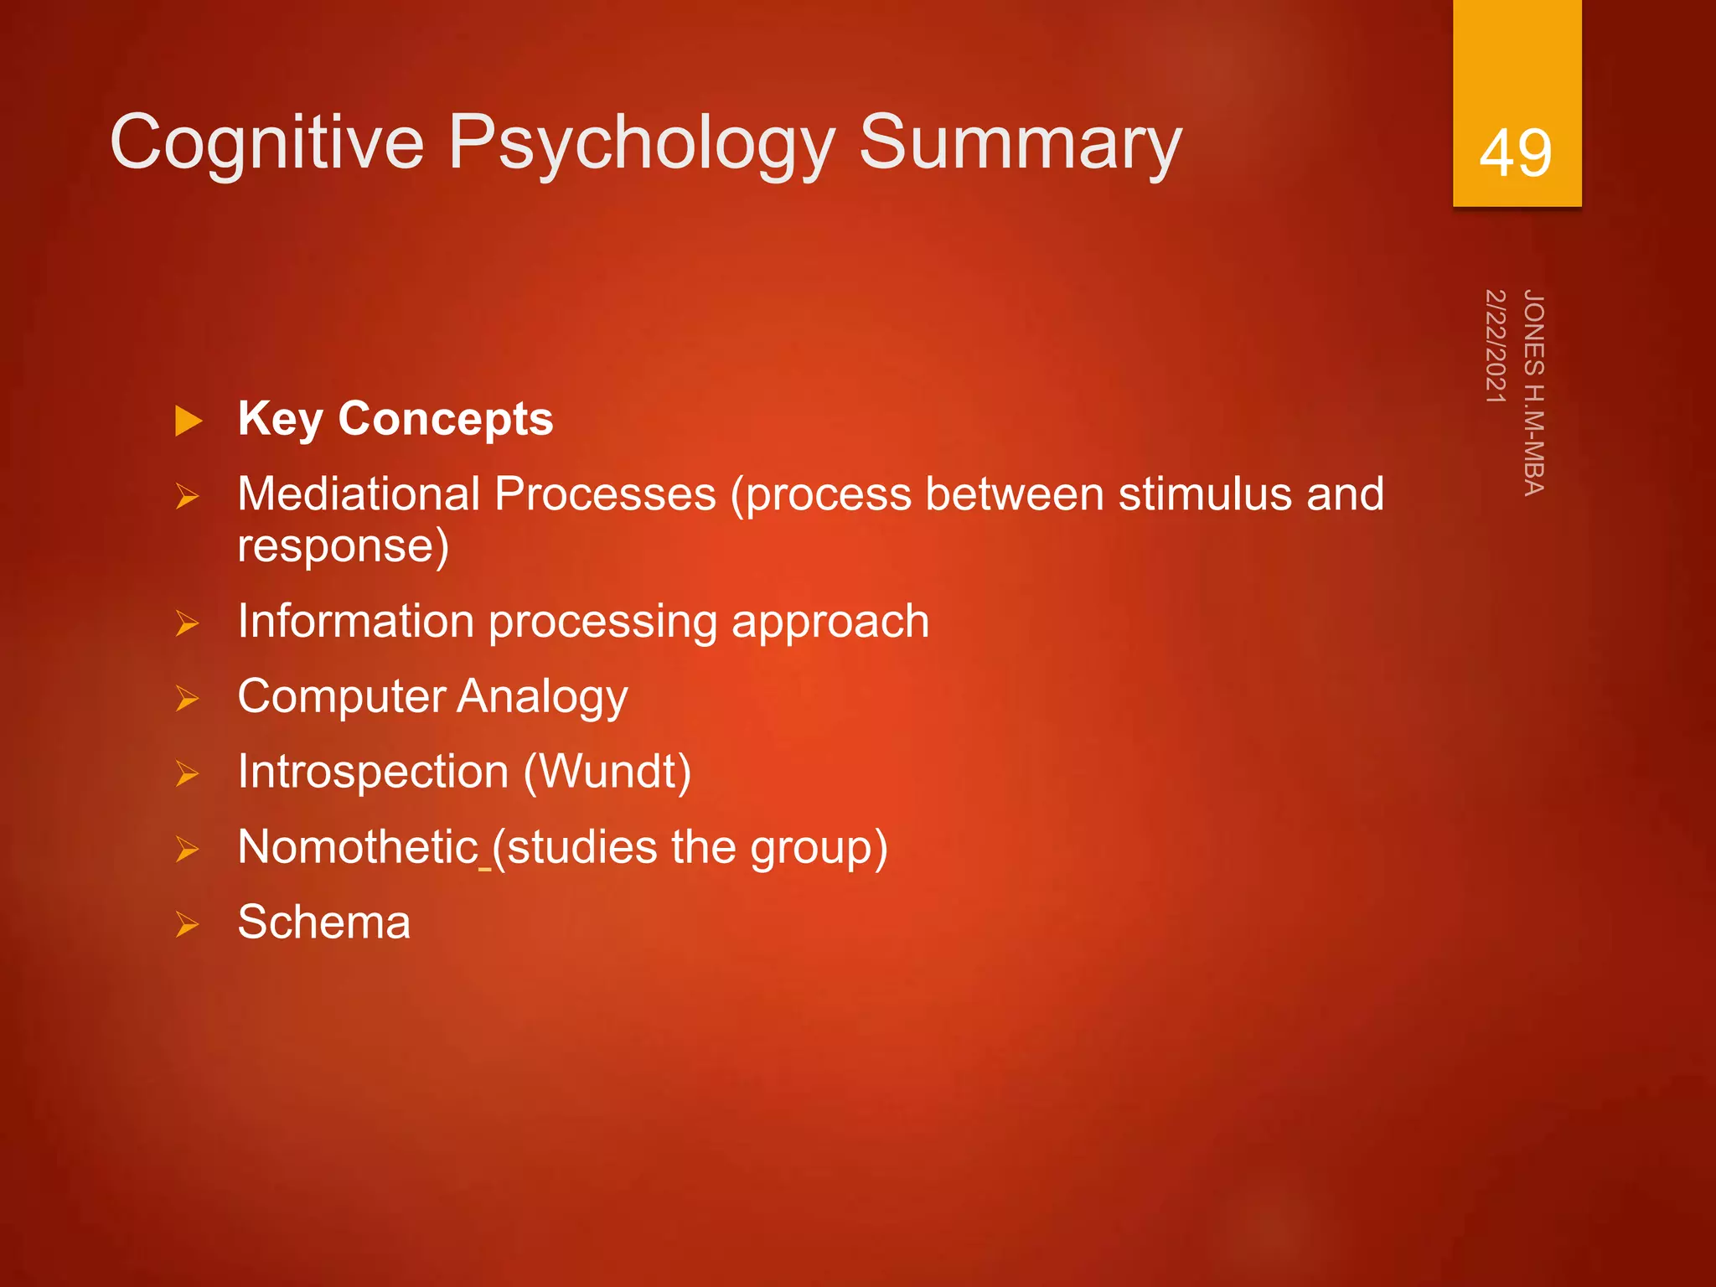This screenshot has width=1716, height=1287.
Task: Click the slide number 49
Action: pyautogui.click(x=1515, y=153)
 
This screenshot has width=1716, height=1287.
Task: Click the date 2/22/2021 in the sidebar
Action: pyautogui.click(x=1496, y=345)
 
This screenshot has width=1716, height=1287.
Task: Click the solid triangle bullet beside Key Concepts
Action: pyautogui.click(x=189, y=421)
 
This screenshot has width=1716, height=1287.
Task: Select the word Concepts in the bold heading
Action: pyautogui.click(x=445, y=418)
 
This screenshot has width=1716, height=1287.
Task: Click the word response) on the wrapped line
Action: pyautogui.click(x=343, y=546)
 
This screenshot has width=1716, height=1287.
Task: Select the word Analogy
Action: pyautogui.click(x=542, y=697)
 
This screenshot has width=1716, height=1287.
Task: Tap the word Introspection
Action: pyautogui.click(x=373, y=772)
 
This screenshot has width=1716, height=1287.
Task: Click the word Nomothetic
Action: pyautogui.click(x=358, y=846)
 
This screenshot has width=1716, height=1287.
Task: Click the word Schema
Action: pyautogui.click(x=324, y=922)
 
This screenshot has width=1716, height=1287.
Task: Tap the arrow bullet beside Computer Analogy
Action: pyautogui.click(x=187, y=698)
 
